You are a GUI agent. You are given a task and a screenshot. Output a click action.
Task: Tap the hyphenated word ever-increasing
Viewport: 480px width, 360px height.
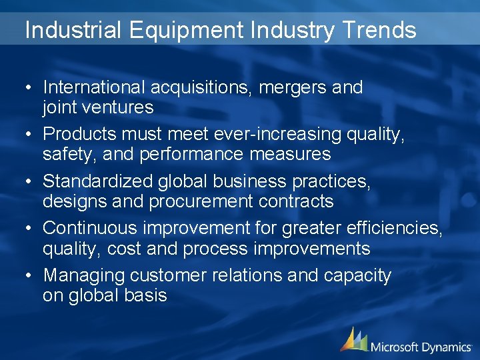pyautogui.click(x=278, y=134)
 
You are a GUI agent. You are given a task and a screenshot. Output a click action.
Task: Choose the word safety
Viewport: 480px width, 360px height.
pyautogui.click(x=62, y=155)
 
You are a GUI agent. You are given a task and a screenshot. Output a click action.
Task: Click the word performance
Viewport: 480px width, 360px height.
pyautogui.click(x=179, y=155)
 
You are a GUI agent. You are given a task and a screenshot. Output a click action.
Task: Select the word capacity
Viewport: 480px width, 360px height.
pyautogui.click(x=357, y=275)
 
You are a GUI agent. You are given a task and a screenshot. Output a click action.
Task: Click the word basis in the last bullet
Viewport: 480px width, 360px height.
pyautogui.click(x=146, y=295)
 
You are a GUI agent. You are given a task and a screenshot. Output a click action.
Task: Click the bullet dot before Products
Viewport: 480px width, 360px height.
pyautogui.click(x=31, y=135)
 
